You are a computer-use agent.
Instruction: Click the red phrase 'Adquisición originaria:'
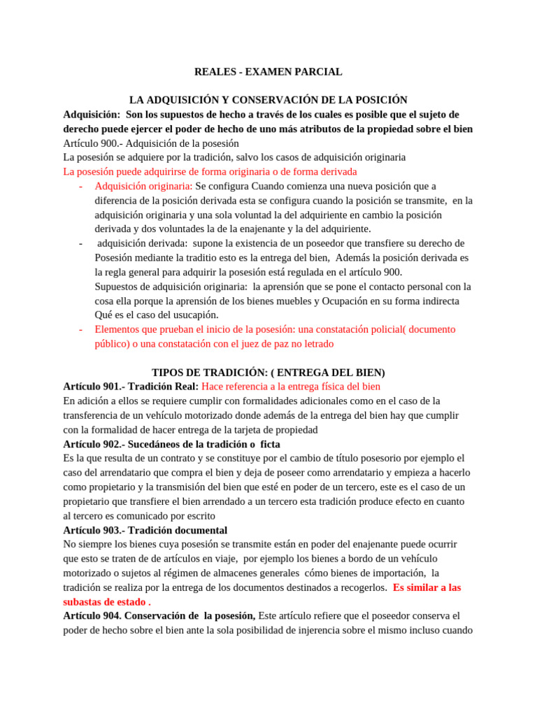coord(143,186)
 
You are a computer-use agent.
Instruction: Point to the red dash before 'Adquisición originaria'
coord(81,186)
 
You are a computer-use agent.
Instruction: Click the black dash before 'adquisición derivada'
coord(81,243)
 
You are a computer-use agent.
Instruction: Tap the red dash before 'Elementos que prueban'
coord(81,329)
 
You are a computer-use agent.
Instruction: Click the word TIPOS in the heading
coord(169,373)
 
